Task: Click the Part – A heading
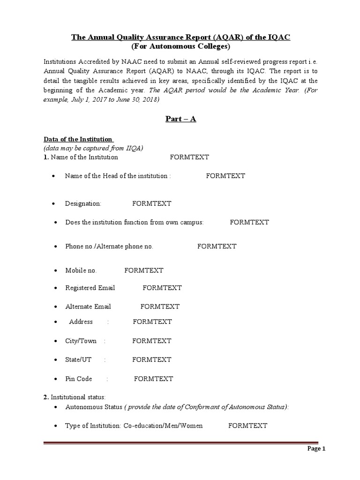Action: pyautogui.click(x=180, y=119)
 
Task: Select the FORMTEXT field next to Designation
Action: pyautogui.click(x=151, y=203)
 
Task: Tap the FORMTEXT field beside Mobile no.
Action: pyautogui.click(x=143, y=270)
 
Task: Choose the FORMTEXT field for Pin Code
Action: pyautogui.click(x=153, y=379)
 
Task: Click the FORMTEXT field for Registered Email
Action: pyautogui.click(x=162, y=288)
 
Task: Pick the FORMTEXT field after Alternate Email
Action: pyautogui.click(x=160, y=307)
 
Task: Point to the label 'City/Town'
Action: pyautogui.click(x=81, y=341)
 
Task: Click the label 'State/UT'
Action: pyautogui.click(x=78, y=360)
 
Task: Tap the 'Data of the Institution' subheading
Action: pyautogui.click(x=78, y=139)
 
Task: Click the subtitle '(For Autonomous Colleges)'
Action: pyautogui.click(x=180, y=46)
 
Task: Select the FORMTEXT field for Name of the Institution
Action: pyautogui.click(x=189, y=157)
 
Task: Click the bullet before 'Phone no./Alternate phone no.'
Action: pyautogui.click(x=55, y=247)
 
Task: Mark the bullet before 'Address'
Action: pyautogui.click(x=55, y=322)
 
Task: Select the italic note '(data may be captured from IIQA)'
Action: pyautogui.click(x=93, y=148)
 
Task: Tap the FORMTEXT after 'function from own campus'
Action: pyautogui.click(x=249, y=222)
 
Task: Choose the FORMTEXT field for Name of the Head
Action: pyautogui.click(x=225, y=176)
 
